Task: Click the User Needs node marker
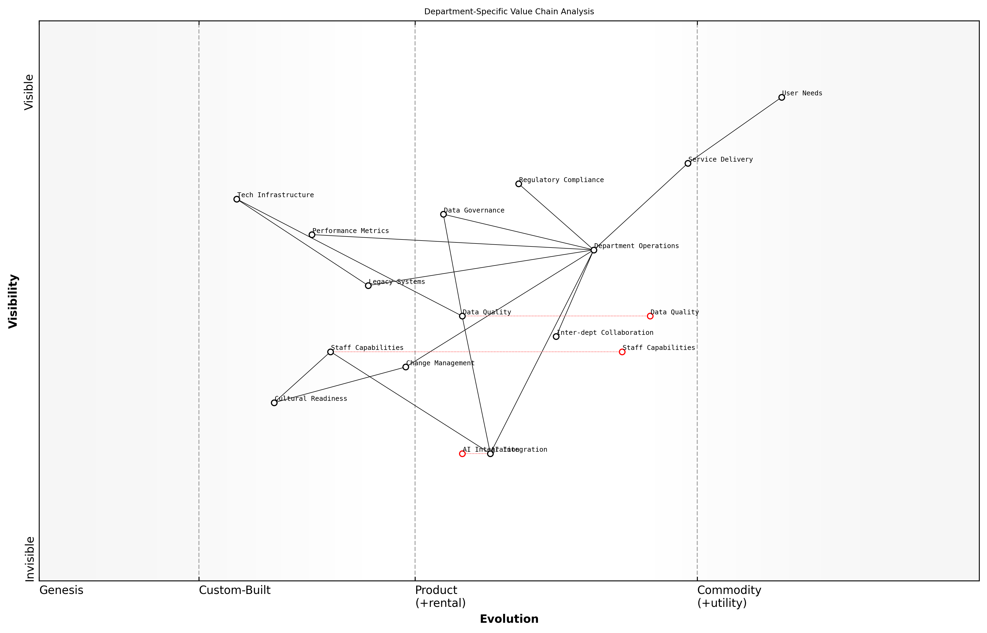[781, 98]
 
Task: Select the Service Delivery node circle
[688, 164]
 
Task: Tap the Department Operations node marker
[594, 250]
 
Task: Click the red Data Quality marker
[650, 316]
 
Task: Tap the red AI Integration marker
[462, 454]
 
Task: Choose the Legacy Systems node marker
[368, 286]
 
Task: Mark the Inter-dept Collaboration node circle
[556, 337]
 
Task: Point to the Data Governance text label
[474, 210]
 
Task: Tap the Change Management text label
[440, 363]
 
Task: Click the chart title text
[509, 12]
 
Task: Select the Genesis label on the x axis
[61, 590]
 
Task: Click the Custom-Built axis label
[235, 590]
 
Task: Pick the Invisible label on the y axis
[30, 559]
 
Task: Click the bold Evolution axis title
[509, 619]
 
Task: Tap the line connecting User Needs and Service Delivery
[734, 131]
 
